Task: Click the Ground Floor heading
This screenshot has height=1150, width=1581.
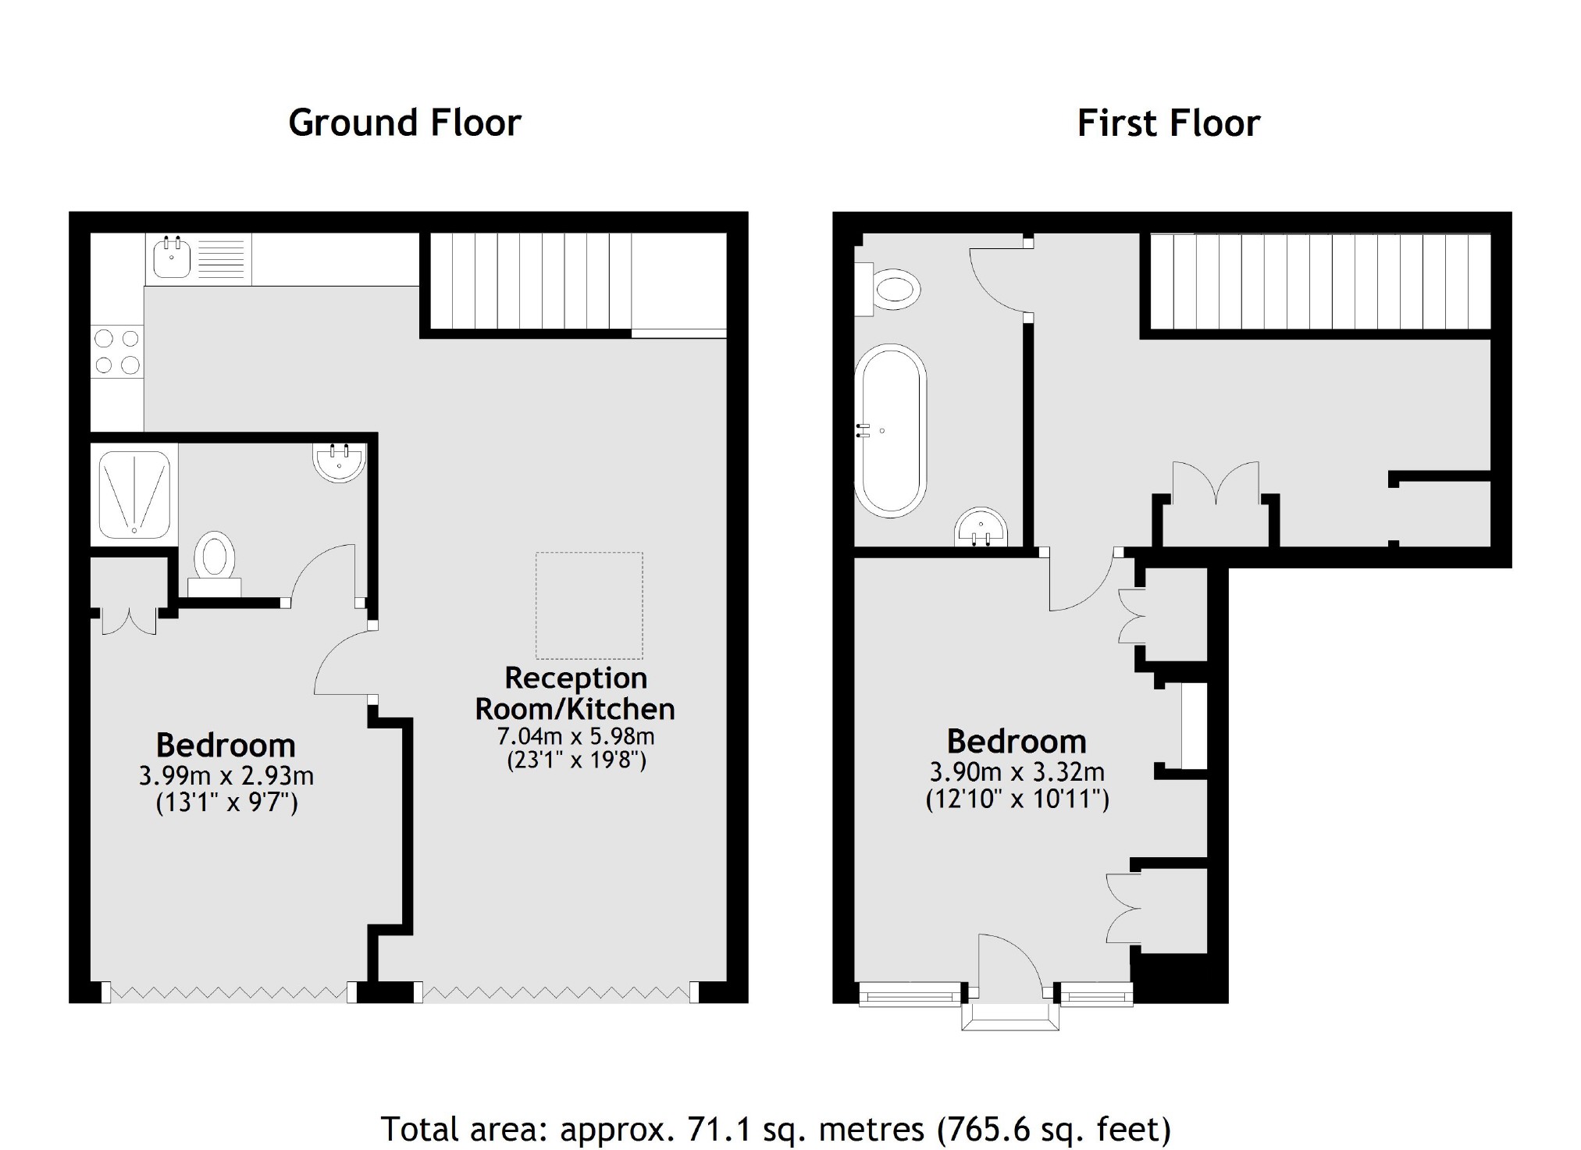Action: click(x=404, y=123)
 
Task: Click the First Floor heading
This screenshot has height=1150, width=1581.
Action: click(x=1168, y=123)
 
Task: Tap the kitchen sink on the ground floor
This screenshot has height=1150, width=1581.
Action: click(x=172, y=258)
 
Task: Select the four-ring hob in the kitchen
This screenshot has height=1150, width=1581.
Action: click(x=117, y=351)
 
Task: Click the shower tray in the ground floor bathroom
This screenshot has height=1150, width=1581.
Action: click(x=134, y=495)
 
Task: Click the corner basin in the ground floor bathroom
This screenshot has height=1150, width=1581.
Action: click(x=340, y=461)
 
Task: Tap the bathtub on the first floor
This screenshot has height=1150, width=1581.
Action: click(x=890, y=431)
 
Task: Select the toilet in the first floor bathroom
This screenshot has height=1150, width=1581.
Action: click(x=890, y=290)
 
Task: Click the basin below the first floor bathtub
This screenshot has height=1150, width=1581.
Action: click(x=981, y=529)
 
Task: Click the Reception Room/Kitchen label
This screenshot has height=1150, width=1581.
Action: click(x=575, y=693)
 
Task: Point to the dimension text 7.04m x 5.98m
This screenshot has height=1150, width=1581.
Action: click(x=575, y=736)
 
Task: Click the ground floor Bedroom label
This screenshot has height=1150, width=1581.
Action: click(x=226, y=745)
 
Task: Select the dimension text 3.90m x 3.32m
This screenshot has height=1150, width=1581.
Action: click(x=1017, y=772)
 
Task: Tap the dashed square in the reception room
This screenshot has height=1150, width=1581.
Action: click(x=589, y=606)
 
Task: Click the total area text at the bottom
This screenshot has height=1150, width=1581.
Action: click(x=775, y=1129)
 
